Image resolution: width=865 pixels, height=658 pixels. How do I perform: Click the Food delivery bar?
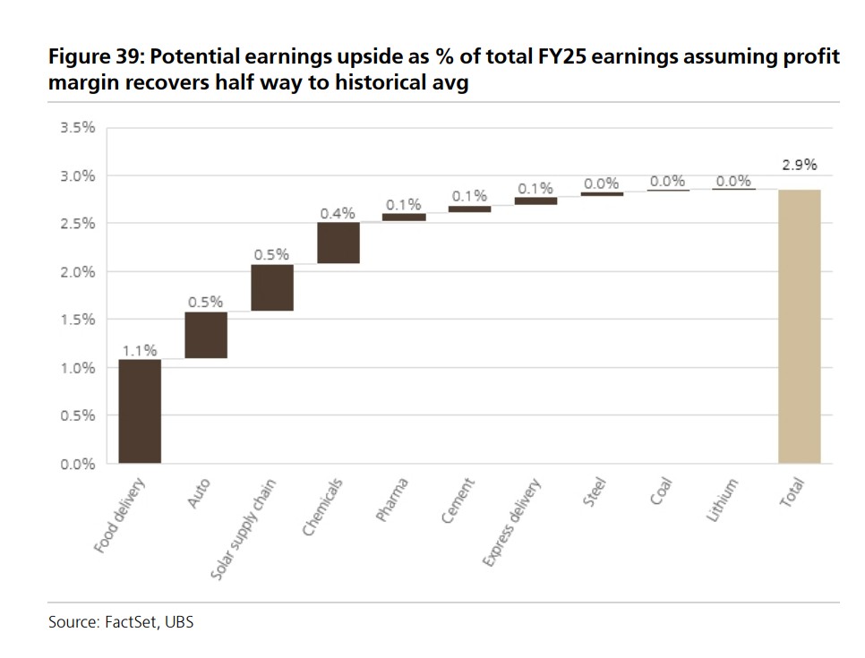(x=140, y=411)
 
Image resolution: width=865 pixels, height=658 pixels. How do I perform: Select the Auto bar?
(x=206, y=335)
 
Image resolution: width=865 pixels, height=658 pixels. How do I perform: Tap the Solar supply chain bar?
(x=272, y=287)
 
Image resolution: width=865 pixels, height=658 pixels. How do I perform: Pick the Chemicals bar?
(x=338, y=243)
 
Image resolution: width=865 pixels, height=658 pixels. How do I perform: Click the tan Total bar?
(x=800, y=326)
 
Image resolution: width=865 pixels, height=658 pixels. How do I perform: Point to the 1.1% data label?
(x=140, y=350)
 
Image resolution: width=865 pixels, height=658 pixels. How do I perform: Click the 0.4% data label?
(x=338, y=213)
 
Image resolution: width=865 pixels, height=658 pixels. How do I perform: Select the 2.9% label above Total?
(x=800, y=165)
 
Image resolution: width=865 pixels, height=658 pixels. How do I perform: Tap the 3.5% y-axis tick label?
(x=77, y=128)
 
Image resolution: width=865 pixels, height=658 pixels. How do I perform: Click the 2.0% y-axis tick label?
(x=77, y=272)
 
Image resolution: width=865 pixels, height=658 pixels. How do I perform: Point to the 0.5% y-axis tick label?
(x=77, y=415)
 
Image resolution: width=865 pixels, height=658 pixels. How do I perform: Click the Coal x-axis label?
(x=661, y=493)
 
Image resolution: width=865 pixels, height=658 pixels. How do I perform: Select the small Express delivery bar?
(x=535, y=201)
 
